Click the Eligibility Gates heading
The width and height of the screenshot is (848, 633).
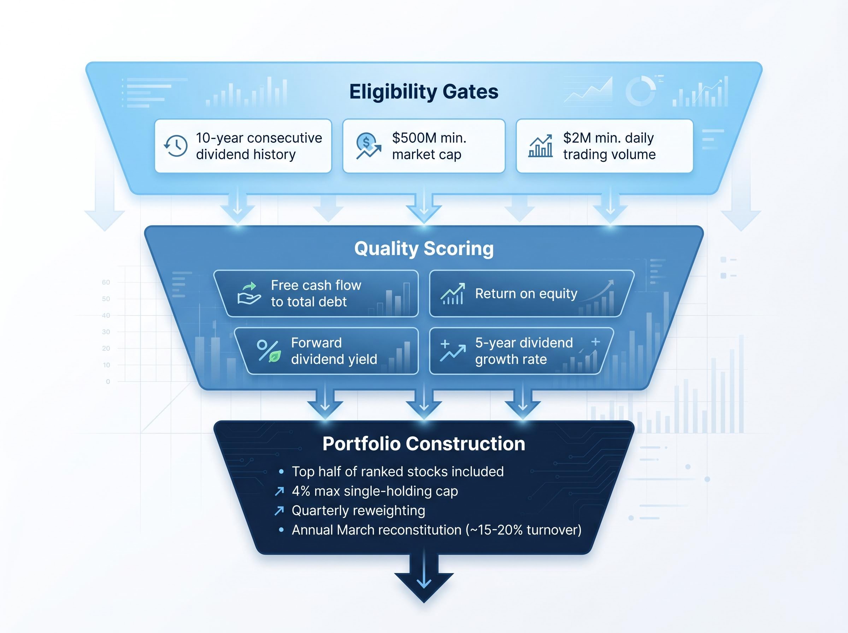[423, 92]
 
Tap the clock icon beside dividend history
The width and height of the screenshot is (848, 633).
[176, 146]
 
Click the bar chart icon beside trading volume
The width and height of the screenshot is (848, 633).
[540, 146]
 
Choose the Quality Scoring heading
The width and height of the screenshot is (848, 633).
[424, 248]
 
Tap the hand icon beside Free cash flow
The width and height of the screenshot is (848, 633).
[249, 294]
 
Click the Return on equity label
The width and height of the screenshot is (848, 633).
[526, 294]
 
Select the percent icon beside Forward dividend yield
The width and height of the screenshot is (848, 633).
[269, 351]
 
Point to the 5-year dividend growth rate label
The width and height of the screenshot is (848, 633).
[524, 351]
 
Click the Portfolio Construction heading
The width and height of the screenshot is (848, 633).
[424, 444]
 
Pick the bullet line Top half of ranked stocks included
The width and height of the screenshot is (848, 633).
[398, 472]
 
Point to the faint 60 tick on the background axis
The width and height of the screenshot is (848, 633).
[106, 282]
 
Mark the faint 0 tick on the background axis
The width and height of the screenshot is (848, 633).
[108, 381]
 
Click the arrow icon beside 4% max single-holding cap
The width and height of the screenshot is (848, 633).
[279, 491]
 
